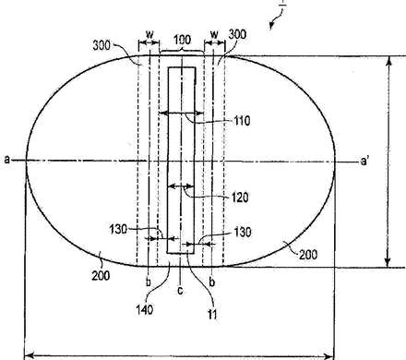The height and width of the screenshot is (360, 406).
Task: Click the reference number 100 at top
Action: pos(183,40)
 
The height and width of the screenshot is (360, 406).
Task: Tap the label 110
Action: pos(243,121)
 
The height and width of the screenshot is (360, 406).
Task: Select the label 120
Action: pos(240,198)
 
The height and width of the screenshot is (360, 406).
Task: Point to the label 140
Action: pos(145,309)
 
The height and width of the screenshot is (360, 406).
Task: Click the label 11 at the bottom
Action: pos(212,315)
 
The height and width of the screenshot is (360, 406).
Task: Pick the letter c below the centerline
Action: pos(181,290)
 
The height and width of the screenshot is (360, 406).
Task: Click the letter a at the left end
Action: pos(7,160)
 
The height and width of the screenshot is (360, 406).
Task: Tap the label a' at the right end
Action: pos(364,161)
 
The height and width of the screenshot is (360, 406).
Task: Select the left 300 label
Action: pos(101,45)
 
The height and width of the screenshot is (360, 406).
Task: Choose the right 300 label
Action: pos(237,34)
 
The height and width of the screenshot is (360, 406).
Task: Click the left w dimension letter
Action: pos(149,33)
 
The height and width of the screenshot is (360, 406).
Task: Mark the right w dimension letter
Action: pos(214,33)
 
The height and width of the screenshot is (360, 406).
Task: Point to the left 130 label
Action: pos(118,229)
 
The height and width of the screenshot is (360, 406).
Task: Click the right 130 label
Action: pos(243,232)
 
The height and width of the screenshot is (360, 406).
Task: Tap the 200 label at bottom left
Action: pos(101,275)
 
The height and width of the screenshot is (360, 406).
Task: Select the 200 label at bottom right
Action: pos(308,255)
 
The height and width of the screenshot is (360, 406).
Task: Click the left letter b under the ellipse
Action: pos(149,282)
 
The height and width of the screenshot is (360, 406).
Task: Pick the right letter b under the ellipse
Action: pos(212,282)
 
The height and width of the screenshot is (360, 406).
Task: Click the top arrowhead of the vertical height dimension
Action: pos(388,61)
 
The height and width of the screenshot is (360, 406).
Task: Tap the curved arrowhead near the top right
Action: pos(271,26)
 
